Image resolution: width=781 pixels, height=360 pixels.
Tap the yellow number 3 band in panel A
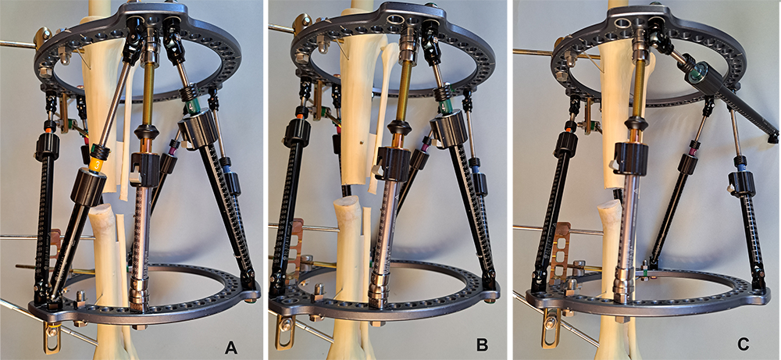98,164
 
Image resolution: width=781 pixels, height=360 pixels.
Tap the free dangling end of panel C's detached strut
773,134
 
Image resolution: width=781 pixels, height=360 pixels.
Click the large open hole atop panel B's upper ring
396,21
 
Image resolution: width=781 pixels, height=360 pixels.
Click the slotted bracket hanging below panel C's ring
548,333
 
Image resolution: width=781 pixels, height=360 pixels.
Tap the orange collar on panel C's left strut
569,130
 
